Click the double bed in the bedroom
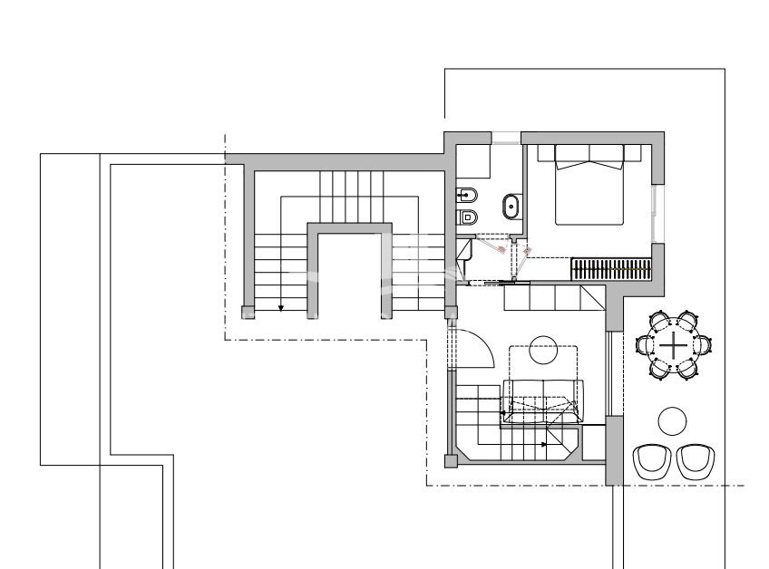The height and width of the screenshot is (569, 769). coord(589,186)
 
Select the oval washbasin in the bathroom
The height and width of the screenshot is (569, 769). coord(511,207)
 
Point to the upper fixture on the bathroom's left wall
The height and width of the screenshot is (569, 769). coord(467,194)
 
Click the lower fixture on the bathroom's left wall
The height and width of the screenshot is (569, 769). coord(467,217)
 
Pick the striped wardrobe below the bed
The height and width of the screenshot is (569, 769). coord(611,269)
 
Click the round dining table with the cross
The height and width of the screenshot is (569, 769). coord(674,344)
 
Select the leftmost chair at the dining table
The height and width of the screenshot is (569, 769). coord(647,344)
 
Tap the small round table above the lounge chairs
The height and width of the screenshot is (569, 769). coord(672,420)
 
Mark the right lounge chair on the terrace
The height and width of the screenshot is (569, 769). coord(695,460)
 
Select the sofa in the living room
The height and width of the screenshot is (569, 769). coord(542,400)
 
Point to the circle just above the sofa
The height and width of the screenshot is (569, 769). coord(543,351)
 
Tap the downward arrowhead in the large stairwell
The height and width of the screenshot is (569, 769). coord(281,308)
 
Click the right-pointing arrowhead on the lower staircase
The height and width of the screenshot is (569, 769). coord(544,445)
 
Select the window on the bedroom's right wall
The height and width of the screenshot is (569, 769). coord(656,214)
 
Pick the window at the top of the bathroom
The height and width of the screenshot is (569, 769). coord(506,138)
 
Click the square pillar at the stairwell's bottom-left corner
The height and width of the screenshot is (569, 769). coord(248,312)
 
